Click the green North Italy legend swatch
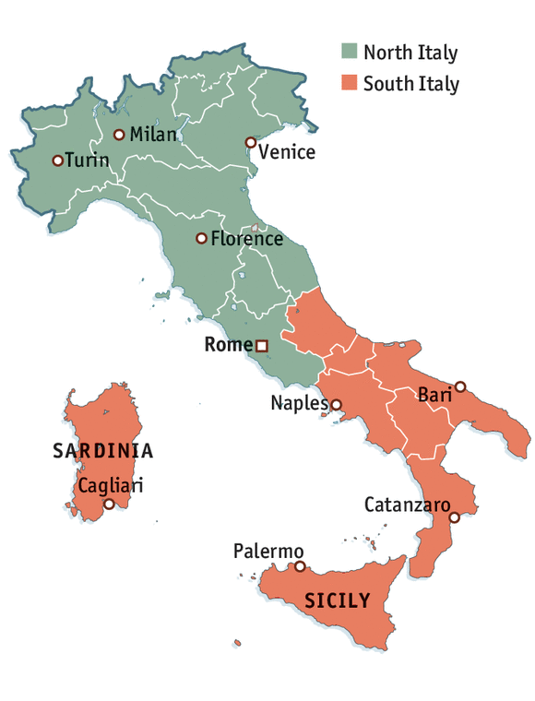point(349,52)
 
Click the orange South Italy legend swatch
point(349,84)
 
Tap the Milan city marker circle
point(119,135)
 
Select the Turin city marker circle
point(57,160)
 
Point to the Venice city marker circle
point(250,142)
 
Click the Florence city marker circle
point(201,238)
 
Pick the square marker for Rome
point(262,346)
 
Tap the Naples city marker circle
point(336,404)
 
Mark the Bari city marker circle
point(460,386)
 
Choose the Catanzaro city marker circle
point(454,517)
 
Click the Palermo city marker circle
point(299,565)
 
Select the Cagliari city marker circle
point(109,504)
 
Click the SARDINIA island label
point(102,452)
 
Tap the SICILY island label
point(338,601)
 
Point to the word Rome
point(228,346)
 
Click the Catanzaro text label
point(407,505)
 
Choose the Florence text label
point(246,239)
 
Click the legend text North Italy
point(410,52)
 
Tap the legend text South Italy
point(410,84)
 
